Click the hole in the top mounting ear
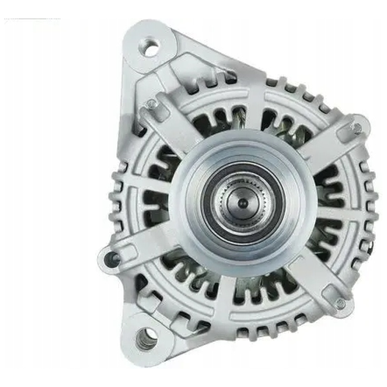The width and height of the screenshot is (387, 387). pyautogui.click(x=151, y=48)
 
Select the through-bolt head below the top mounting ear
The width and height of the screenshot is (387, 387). pyautogui.click(x=151, y=103)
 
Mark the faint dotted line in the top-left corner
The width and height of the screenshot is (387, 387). pyautogui.click(x=32, y=19)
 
